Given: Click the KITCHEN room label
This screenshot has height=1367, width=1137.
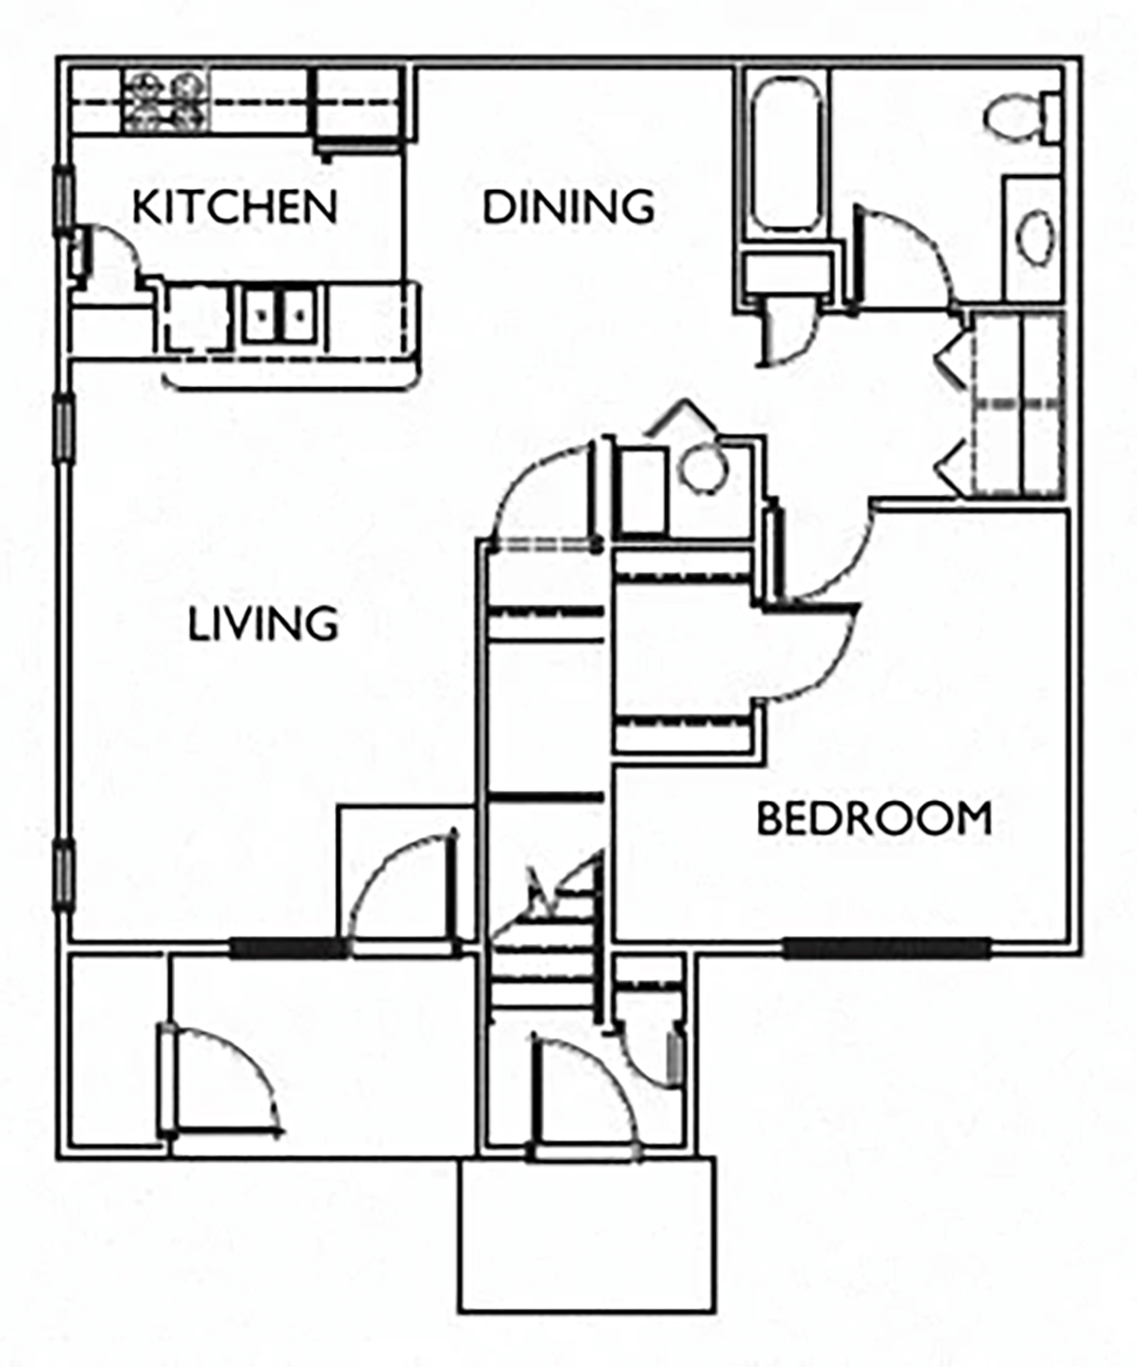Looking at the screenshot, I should click(234, 206).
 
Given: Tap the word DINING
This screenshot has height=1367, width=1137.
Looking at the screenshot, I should click(568, 206).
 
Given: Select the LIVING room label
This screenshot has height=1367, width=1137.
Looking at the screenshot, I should click(262, 623).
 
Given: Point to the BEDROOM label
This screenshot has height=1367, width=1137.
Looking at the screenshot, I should click(874, 819).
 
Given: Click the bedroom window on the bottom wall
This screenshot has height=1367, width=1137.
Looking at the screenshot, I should click(886, 947).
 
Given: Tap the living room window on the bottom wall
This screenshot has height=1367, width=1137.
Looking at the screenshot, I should click(289, 947).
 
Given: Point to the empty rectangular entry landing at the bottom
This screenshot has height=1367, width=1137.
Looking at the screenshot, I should click(587, 1233).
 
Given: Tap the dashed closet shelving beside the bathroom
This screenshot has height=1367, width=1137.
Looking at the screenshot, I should click(1018, 403).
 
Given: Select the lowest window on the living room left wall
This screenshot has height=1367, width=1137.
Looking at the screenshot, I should click(63, 875).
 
